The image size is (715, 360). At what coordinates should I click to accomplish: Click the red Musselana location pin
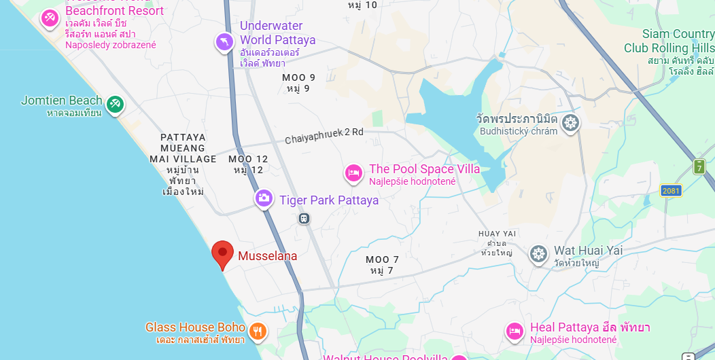pos(222,254)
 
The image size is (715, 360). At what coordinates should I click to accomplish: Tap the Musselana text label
pos(267,257)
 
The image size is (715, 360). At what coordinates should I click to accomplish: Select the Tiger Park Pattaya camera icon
pos(264,198)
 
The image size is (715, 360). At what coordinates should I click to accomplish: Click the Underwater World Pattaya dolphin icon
pos(224,43)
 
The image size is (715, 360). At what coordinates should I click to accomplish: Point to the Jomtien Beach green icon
pos(114,104)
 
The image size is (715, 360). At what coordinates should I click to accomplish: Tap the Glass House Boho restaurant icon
pos(258,331)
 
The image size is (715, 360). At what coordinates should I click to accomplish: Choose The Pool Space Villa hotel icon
pos(353,174)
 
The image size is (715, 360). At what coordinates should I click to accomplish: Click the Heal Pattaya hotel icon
pos(515,331)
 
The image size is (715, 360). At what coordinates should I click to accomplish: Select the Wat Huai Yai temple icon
pos(538,255)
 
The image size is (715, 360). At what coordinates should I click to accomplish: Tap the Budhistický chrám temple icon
pos(570,123)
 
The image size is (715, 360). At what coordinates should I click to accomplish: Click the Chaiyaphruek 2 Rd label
pos(324,135)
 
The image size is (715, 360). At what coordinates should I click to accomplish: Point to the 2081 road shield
pos(670,192)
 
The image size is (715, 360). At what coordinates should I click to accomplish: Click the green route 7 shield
pos(699,166)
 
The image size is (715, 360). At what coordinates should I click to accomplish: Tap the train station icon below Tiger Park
pos(304,218)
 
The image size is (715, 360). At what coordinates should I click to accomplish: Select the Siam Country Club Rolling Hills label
pos(669,41)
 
